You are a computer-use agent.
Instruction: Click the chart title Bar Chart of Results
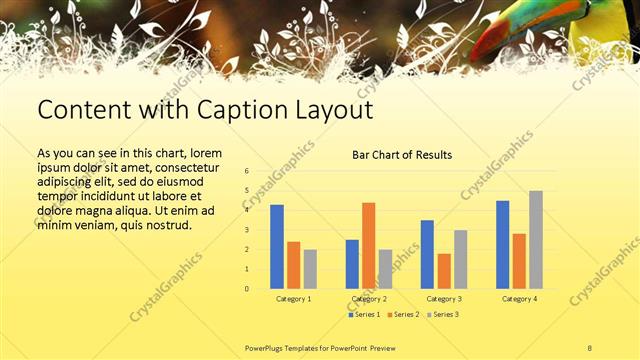click(x=401, y=155)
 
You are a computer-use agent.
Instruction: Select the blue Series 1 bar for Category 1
click(x=277, y=247)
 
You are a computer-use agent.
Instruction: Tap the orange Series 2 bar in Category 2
click(x=368, y=245)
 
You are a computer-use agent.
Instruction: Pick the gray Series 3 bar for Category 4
click(x=536, y=240)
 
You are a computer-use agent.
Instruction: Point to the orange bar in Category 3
click(x=444, y=271)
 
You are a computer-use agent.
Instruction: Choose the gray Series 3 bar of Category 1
click(x=310, y=269)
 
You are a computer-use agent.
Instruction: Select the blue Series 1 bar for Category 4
click(x=502, y=245)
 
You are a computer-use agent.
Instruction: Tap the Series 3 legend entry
click(x=446, y=315)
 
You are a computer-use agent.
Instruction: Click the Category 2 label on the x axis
click(x=368, y=299)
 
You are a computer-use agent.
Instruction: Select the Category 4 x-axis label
click(x=519, y=299)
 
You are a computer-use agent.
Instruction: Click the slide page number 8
click(x=590, y=347)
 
